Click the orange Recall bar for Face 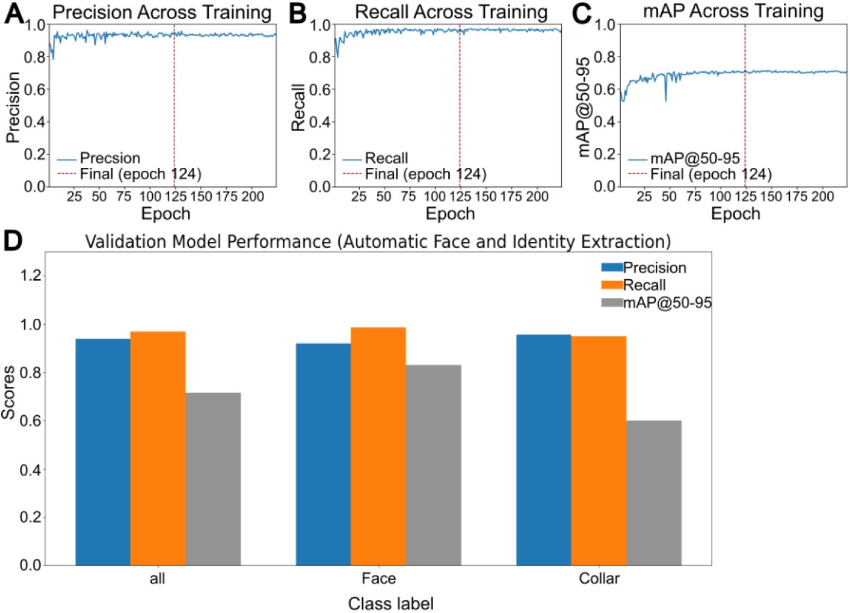point(378,446)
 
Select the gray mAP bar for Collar point(653,493)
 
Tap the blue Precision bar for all point(103,452)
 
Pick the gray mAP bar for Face point(433,464)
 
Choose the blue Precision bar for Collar point(543,449)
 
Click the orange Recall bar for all point(158,448)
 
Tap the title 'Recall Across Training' point(451,12)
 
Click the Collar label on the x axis point(599,579)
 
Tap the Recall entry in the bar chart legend point(644,285)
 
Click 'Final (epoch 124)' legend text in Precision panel point(140,174)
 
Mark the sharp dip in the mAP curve point(665,99)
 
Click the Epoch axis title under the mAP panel point(735,214)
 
